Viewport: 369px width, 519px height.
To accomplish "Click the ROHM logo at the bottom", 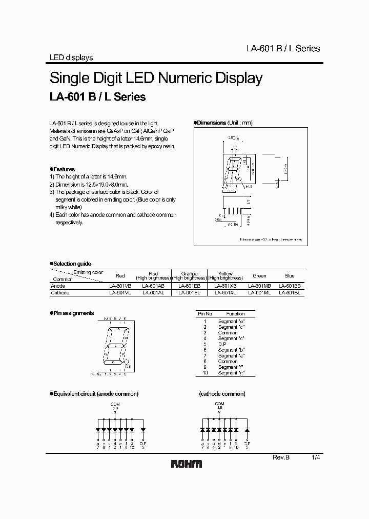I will pyautogui.click(x=186, y=464).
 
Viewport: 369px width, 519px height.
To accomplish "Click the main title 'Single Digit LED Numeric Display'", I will pyautogui.click(x=156, y=78).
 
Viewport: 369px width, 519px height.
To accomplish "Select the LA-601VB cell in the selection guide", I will pyautogui.click(x=120, y=286).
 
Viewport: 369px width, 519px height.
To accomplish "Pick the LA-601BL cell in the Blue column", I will pyautogui.click(x=290, y=292).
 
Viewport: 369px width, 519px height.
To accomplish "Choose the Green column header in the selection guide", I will pyautogui.click(x=259, y=275).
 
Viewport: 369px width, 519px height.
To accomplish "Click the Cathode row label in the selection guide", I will pyautogui.click(x=60, y=292).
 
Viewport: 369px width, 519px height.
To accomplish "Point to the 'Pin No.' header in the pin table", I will pyautogui.click(x=205, y=313).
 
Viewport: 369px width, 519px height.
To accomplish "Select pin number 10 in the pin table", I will pyautogui.click(x=204, y=373).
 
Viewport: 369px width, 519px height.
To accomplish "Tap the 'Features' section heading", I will pyautogui.click(x=63, y=169).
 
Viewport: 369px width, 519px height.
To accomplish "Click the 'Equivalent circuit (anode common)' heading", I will pyautogui.click(x=95, y=394).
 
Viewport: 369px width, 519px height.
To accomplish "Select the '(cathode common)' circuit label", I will pyautogui.click(x=221, y=394).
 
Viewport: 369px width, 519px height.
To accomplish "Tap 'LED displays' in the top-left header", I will pyautogui.click(x=71, y=57).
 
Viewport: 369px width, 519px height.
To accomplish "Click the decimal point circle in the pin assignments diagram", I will pyautogui.click(x=127, y=362).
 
